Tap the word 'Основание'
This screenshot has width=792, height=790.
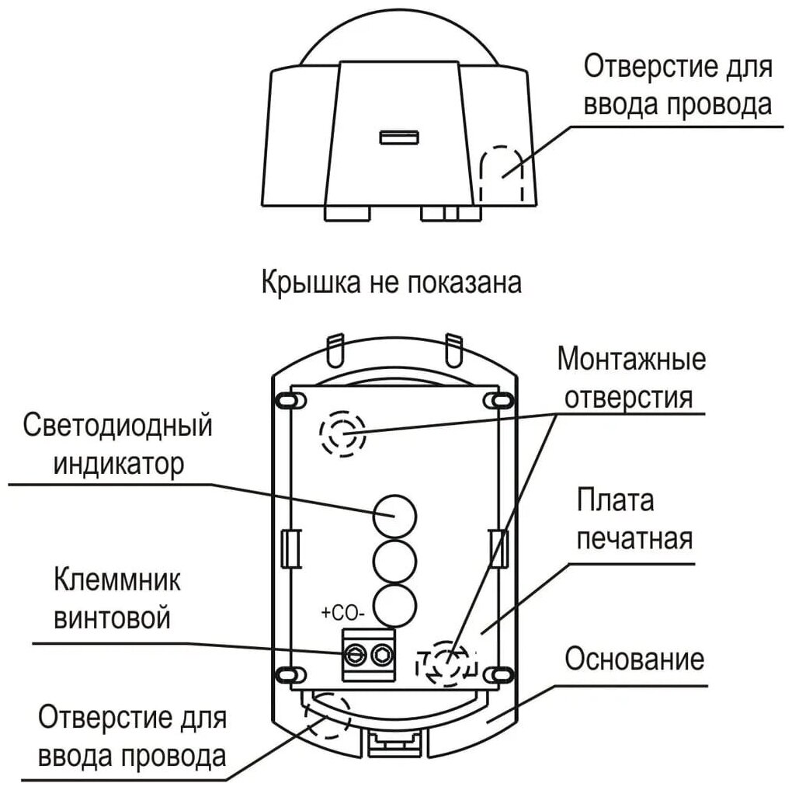click(634, 659)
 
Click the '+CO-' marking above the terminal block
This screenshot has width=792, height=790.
click(342, 614)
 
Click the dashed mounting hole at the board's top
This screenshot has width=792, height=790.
click(342, 433)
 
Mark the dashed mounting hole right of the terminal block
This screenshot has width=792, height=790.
click(447, 662)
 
